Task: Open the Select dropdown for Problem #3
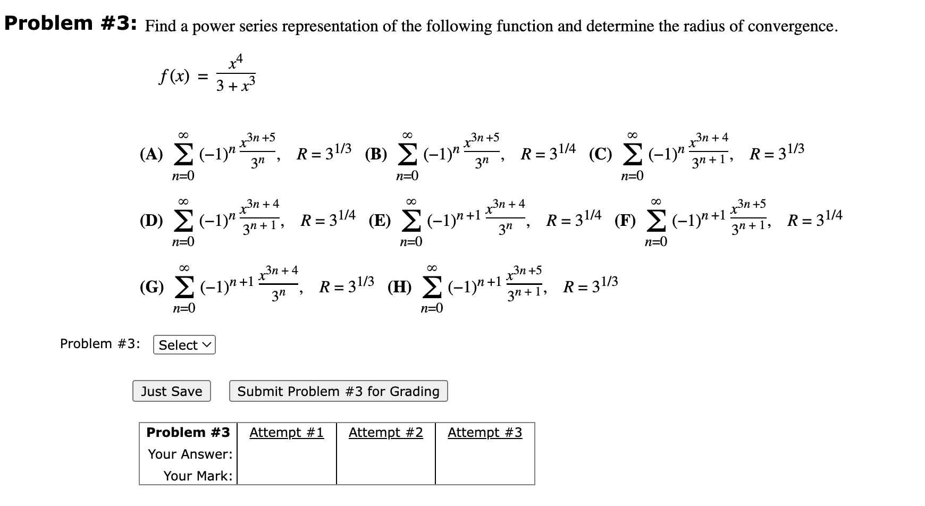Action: click(184, 345)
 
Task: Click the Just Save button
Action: click(171, 391)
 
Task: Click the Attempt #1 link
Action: click(287, 433)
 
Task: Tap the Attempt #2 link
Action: click(385, 433)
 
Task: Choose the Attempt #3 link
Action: click(485, 433)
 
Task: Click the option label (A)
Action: click(151, 154)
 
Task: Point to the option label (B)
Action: click(376, 154)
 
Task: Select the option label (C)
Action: click(601, 154)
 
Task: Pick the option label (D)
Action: click(151, 221)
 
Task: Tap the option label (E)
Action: click(380, 221)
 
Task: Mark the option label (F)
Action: click(625, 221)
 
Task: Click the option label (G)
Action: click(152, 287)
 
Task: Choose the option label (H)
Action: click(399, 287)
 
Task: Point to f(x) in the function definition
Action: click(174, 77)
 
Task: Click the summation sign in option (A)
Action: click(183, 155)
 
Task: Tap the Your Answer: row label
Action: click(190, 454)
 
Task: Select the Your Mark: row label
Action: click(197, 476)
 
